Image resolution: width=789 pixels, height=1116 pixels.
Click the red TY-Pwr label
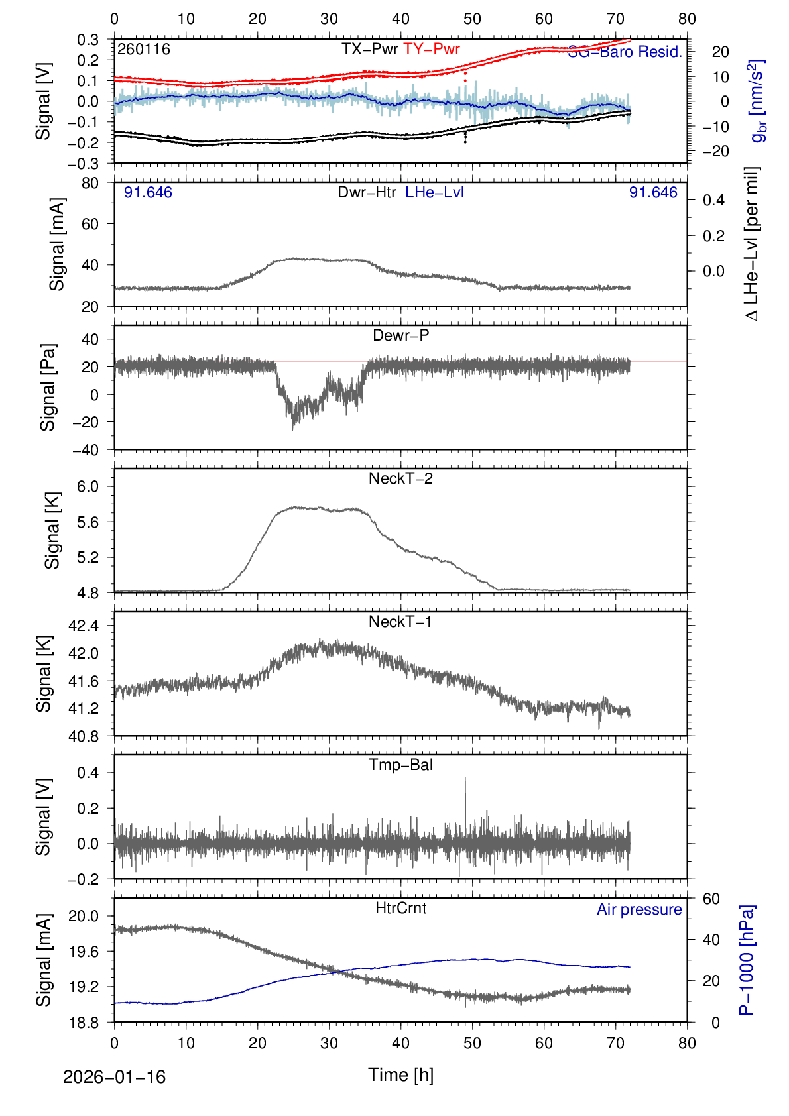(431, 49)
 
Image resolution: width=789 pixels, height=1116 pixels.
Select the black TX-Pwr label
(369, 49)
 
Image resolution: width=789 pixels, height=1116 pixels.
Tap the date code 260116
(143, 50)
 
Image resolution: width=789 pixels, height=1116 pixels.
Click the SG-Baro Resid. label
(625, 52)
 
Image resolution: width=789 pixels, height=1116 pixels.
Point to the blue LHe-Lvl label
(434, 192)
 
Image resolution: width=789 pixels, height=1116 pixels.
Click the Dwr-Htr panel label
(367, 192)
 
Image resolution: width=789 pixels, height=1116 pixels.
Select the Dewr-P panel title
(400, 335)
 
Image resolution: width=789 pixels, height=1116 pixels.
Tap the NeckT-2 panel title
(400, 478)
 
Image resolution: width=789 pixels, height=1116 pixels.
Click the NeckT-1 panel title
(400, 622)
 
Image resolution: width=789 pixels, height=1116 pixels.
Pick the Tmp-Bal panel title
(400, 765)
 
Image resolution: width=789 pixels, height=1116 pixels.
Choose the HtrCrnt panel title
(400, 908)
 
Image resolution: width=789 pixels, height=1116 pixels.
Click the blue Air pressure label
(639, 909)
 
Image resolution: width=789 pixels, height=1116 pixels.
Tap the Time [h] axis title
(400, 1075)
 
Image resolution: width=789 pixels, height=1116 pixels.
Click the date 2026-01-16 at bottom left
(114, 1077)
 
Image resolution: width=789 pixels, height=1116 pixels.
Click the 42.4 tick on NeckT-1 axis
(84, 626)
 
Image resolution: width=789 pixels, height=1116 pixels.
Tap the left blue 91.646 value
(148, 192)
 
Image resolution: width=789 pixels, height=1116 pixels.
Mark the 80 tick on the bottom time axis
(687, 1043)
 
